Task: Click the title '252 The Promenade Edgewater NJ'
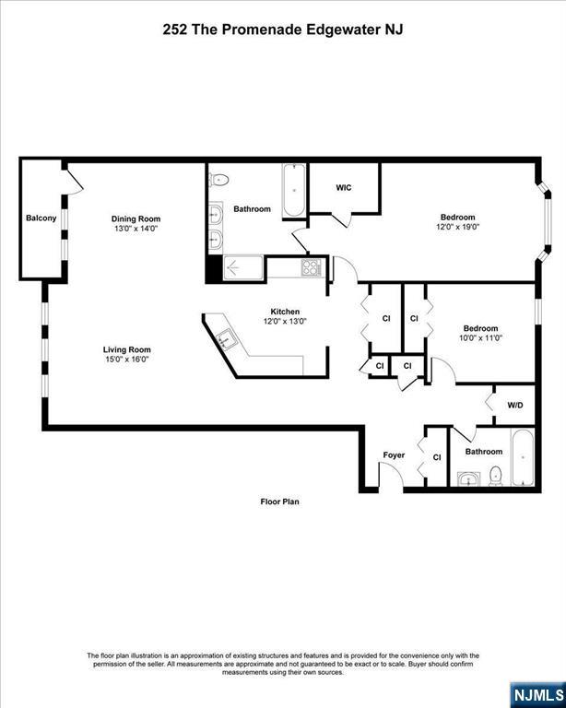[x=283, y=29]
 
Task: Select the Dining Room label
[x=136, y=218]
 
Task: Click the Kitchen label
[x=285, y=311]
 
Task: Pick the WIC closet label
[x=343, y=188]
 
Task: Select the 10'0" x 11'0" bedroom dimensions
[x=480, y=338]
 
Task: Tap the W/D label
[x=515, y=405]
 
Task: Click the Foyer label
[x=394, y=455]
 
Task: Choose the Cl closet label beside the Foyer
[x=436, y=457]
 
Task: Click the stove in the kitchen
[x=312, y=269]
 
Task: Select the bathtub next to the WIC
[x=293, y=190]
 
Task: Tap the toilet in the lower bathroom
[x=495, y=475]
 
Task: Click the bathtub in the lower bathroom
[x=521, y=458]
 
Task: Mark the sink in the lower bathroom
[x=469, y=478]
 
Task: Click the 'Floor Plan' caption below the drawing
[x=279, y=502]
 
